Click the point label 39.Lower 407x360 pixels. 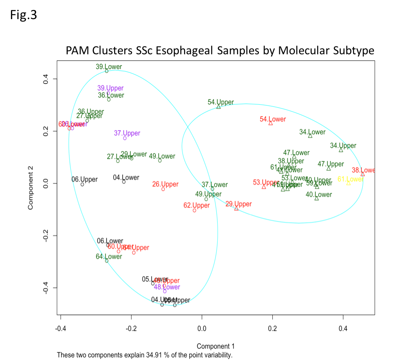click(109, 67)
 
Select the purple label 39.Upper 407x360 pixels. click(110, 88)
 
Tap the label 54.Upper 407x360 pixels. click(221, 102)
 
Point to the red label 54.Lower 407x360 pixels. click(273, 119)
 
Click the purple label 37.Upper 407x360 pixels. click(127, 133)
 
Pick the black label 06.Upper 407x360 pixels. click(84, 179)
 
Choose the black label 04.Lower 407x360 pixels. click(126, 177)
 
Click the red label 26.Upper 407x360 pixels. click(165, 184)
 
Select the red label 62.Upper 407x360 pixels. click(196, 205)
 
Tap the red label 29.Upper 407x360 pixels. click(238, 204)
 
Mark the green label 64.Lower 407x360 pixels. click(109, 257)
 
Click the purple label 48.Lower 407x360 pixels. click(167, 287)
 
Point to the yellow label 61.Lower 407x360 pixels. click(351, 179)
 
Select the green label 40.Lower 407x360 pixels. click(319, 195)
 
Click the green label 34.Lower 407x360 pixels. click(312, 132)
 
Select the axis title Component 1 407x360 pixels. click(215, 346)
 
